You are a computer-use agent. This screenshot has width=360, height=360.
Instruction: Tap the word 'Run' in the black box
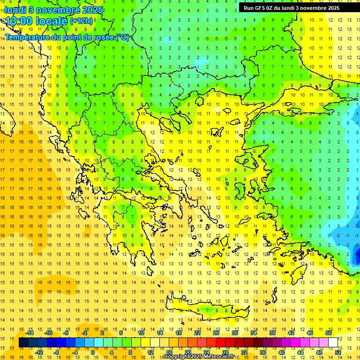249,8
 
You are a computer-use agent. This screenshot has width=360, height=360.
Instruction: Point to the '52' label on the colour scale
338,352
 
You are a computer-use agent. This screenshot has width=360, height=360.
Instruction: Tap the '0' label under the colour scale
93,352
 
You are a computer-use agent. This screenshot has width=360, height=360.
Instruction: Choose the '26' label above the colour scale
216,333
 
